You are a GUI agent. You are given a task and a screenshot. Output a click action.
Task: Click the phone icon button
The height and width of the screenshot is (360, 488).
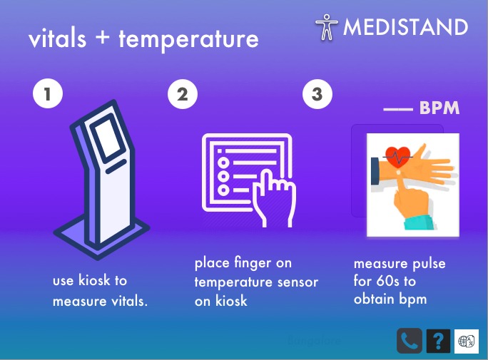(x=409, y=341)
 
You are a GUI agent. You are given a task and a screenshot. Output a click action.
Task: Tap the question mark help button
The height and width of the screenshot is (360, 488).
(x=438, y=341)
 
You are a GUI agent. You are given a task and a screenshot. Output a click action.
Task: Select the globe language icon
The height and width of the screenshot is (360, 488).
(x=466, y=341)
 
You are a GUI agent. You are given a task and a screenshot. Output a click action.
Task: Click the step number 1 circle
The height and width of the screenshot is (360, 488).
(x=48, y=95)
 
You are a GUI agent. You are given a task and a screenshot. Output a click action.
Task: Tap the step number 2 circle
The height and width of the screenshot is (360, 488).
(x=183, y=95)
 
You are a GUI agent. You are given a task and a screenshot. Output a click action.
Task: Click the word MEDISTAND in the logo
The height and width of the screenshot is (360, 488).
(x=405, y=27)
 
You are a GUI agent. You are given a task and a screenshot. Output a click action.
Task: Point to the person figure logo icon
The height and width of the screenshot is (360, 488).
(x=327, y=27)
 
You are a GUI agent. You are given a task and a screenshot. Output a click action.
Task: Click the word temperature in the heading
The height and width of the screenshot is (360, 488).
(x=188, y=39)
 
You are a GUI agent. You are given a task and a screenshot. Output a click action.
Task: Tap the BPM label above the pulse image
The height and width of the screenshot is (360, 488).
(x=439, y=108)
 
